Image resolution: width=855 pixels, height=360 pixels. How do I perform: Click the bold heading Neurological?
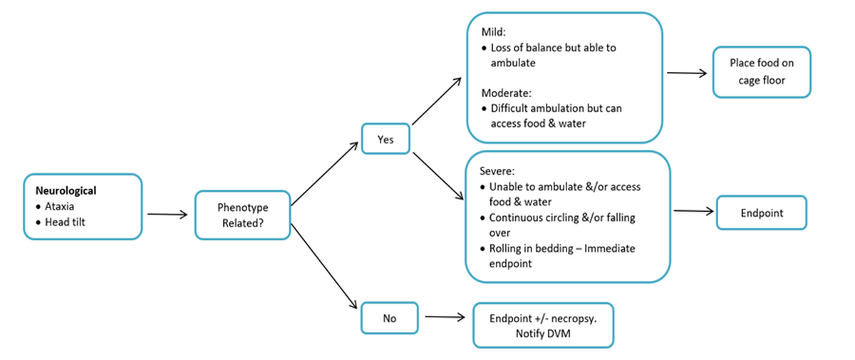(66, 191)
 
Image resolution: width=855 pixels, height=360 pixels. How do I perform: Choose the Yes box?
(385, 140)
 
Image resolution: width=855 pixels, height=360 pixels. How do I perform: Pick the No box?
(389, 318)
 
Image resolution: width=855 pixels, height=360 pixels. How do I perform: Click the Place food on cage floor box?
(761, 71)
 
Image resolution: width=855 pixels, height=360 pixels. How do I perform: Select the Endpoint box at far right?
(761, 212)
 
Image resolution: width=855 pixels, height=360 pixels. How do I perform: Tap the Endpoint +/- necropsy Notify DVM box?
(542, 325)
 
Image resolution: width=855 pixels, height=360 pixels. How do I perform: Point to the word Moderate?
(507, 93)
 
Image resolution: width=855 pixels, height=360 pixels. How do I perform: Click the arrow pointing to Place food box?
(685, 73)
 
